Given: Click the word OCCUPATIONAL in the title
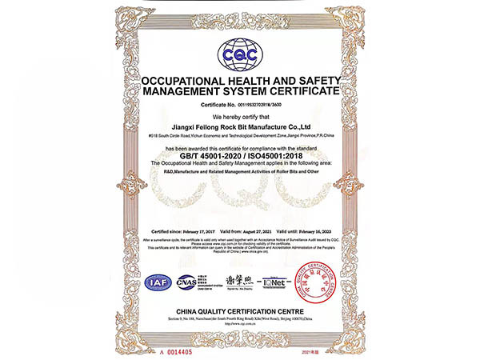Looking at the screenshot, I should click(x=186, y=82).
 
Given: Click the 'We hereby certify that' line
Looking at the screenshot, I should click(x=240, y=117).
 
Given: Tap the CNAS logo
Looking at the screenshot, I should click(x=186, y=281).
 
